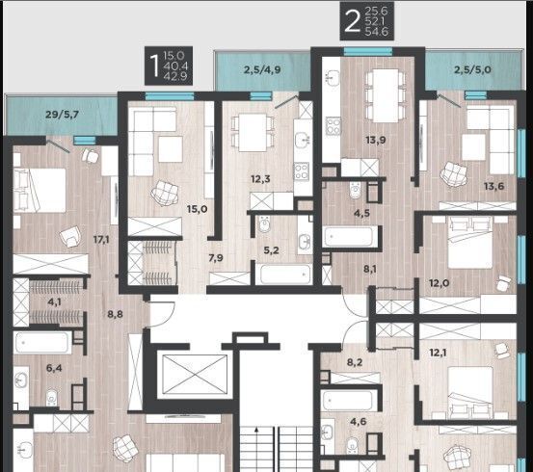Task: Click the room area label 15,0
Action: (x=198, y=209)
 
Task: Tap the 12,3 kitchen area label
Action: (x=261, y=179)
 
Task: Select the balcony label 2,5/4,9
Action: (x=262, y=70)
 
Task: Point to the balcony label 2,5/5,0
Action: (x=472, y=70)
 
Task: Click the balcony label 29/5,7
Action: (x=63, y=115)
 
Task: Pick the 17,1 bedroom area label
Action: (x=101, y=240)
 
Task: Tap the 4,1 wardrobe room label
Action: (x=54, y=302)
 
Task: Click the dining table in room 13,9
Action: (x=386, y=95)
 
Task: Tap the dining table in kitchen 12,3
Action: (x=253, y=133)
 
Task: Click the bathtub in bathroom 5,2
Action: (x=285, y=274)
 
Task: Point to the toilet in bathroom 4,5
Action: (x=355, y=190)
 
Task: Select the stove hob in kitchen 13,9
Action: (x=333, y=126)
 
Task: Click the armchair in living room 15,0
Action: (x=165, y=193)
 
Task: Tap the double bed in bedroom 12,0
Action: (x=470, y=243)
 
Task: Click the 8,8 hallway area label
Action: (x=116, y=315)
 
